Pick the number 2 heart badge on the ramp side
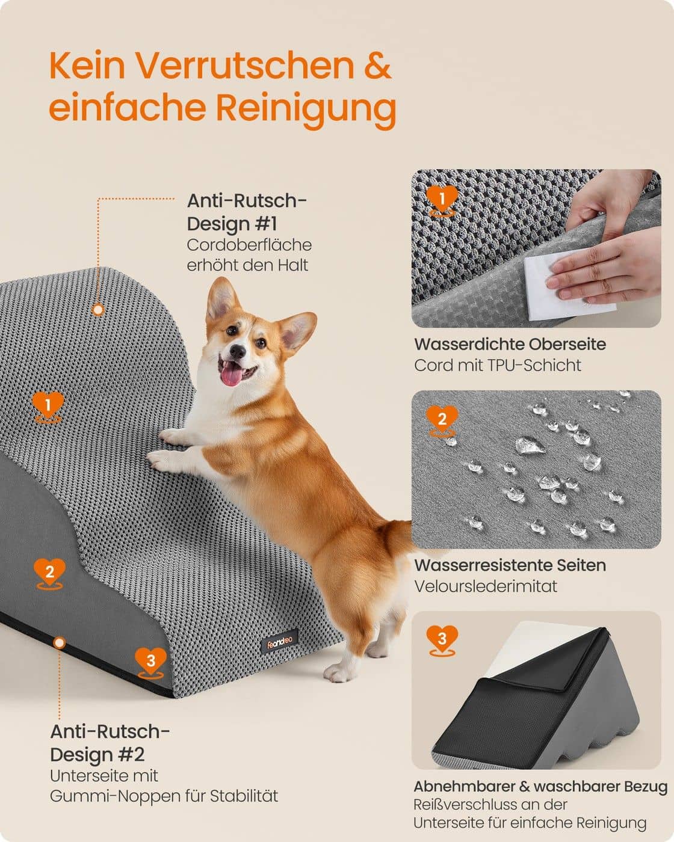click(49, 571)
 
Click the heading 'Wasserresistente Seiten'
click(510, 565)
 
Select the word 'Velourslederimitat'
click(486, 586)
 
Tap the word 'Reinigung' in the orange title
click(306, 108)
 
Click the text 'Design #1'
click(232, 224)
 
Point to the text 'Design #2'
click(97, 754)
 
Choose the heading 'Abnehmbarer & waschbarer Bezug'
click(540, 786)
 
